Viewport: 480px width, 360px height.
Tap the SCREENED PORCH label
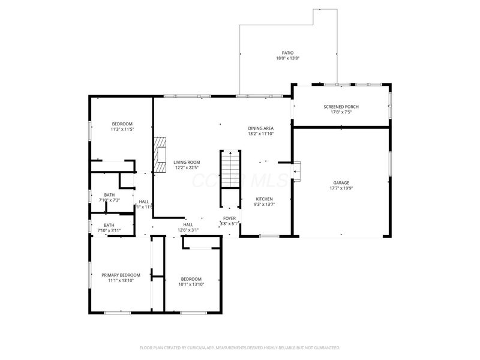tap(341, 106)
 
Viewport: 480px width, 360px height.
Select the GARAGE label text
tap(341, 182)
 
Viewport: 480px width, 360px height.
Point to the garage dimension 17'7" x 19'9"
tap(341, 188)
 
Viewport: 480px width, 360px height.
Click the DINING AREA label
tap(261, 128)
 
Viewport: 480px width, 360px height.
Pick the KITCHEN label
tap(265, 199)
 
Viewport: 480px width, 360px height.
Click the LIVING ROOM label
tap(187, 162)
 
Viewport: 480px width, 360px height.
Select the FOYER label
tap(230, 218)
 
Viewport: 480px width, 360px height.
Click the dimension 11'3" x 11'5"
tap(121, 129)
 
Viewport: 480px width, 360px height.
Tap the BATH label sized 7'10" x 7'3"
tap(109, 194)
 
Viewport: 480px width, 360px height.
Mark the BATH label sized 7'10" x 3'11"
tap(109, 225)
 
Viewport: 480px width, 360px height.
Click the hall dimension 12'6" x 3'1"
tap(188, 230)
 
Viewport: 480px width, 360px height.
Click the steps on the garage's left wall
tap(296, 170)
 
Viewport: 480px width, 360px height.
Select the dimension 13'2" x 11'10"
tap(261, 134)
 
